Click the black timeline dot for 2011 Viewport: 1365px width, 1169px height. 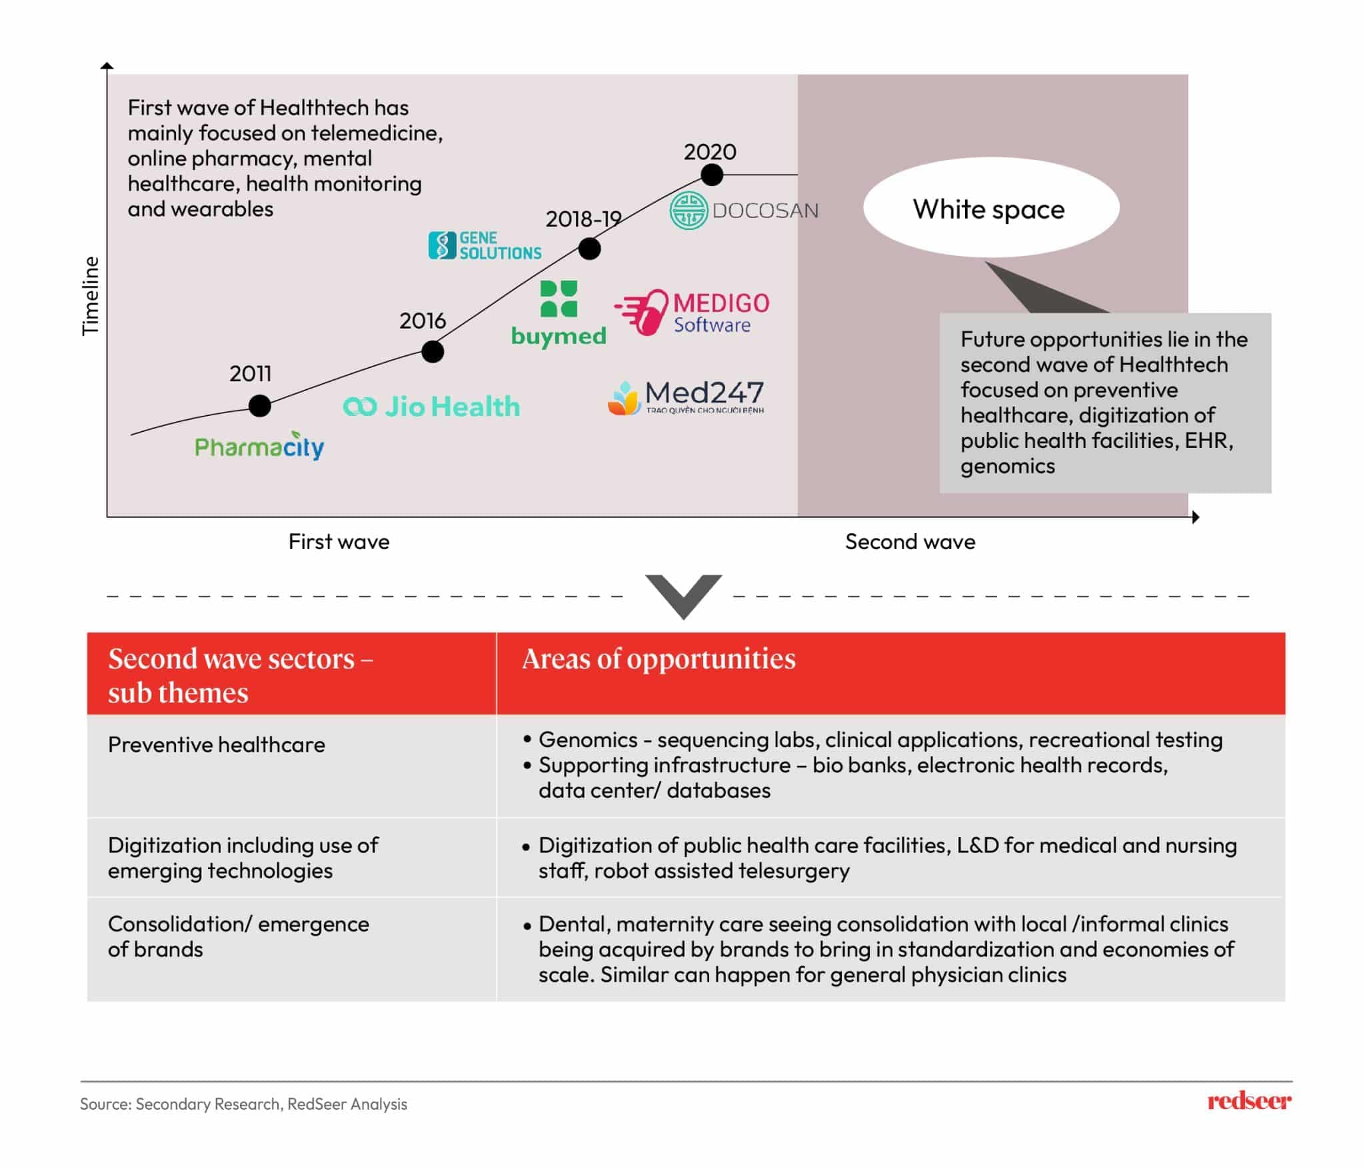(x=259, y=405)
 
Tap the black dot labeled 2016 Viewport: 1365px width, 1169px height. (x=433, y=351)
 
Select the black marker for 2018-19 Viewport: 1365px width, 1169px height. (x=589, y=249)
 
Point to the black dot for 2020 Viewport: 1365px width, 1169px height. (x=712, y=175)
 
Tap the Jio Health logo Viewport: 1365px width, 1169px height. (x=431, y=406)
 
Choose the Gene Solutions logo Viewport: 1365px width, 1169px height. (x=485, y=245)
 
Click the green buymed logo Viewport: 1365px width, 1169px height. (x=559, y=313)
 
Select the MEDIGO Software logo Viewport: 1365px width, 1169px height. (x=692, y=312)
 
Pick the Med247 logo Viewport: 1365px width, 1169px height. (x=686, y=397)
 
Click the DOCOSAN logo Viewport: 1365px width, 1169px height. (x=743, y=211)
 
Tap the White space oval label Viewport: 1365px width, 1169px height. (x=990, y=209)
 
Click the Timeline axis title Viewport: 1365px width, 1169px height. (x=90, y=295)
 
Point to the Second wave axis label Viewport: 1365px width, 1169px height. (x=910, y=541)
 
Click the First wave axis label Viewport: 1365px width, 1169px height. (x=339, y=541)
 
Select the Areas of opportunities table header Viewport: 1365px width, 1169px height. (x=659, y=658)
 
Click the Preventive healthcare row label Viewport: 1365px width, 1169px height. (x=217, y=744)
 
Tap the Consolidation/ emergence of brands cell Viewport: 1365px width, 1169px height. (x=238, y=936)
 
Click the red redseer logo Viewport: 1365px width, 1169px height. (x=1248, y=1101)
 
